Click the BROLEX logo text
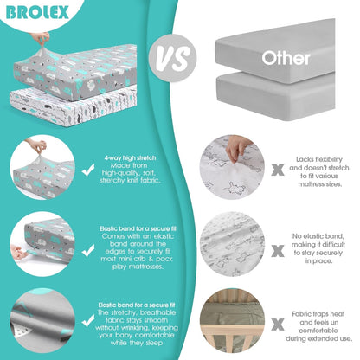(37, 13)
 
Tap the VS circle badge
(173, 58)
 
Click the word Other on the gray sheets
(286, 58)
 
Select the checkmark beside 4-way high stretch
(88, 170)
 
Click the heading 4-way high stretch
(130, 157)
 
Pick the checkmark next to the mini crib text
(88, 250)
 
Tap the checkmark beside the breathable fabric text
(88, 320)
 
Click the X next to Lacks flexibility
(278, 170)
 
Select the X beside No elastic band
(278, 251)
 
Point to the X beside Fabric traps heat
(278, 325)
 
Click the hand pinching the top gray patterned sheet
(41, 38)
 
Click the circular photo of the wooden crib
(232, 320)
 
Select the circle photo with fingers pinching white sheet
(232, 167)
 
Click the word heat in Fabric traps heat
(337, 314)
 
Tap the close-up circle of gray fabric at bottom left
(42, 320)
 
